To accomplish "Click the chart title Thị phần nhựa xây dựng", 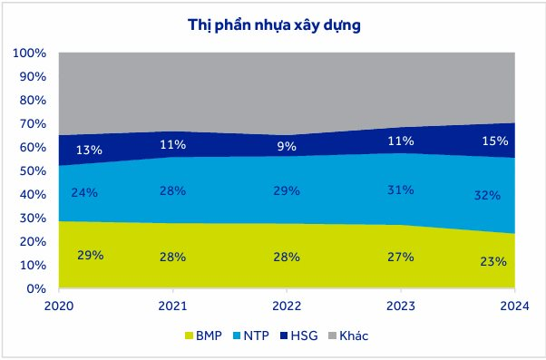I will (273, 24).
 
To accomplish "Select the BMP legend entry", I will (207, 336).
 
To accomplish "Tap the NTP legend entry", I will (258, 336).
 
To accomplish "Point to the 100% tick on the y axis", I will (30, 54).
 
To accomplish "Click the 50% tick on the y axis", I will (33, 171).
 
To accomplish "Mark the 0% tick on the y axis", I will (37, 289).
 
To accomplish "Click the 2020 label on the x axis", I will (59, 306).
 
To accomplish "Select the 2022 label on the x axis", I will (287, 306).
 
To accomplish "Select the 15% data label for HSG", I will (494, 141).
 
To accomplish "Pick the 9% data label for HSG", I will (287, 146).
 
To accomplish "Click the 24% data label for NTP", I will (84, 192).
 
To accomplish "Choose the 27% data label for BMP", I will (400, 257).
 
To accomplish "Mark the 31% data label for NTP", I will (400, 190).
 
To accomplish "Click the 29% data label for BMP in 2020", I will (90, 256).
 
